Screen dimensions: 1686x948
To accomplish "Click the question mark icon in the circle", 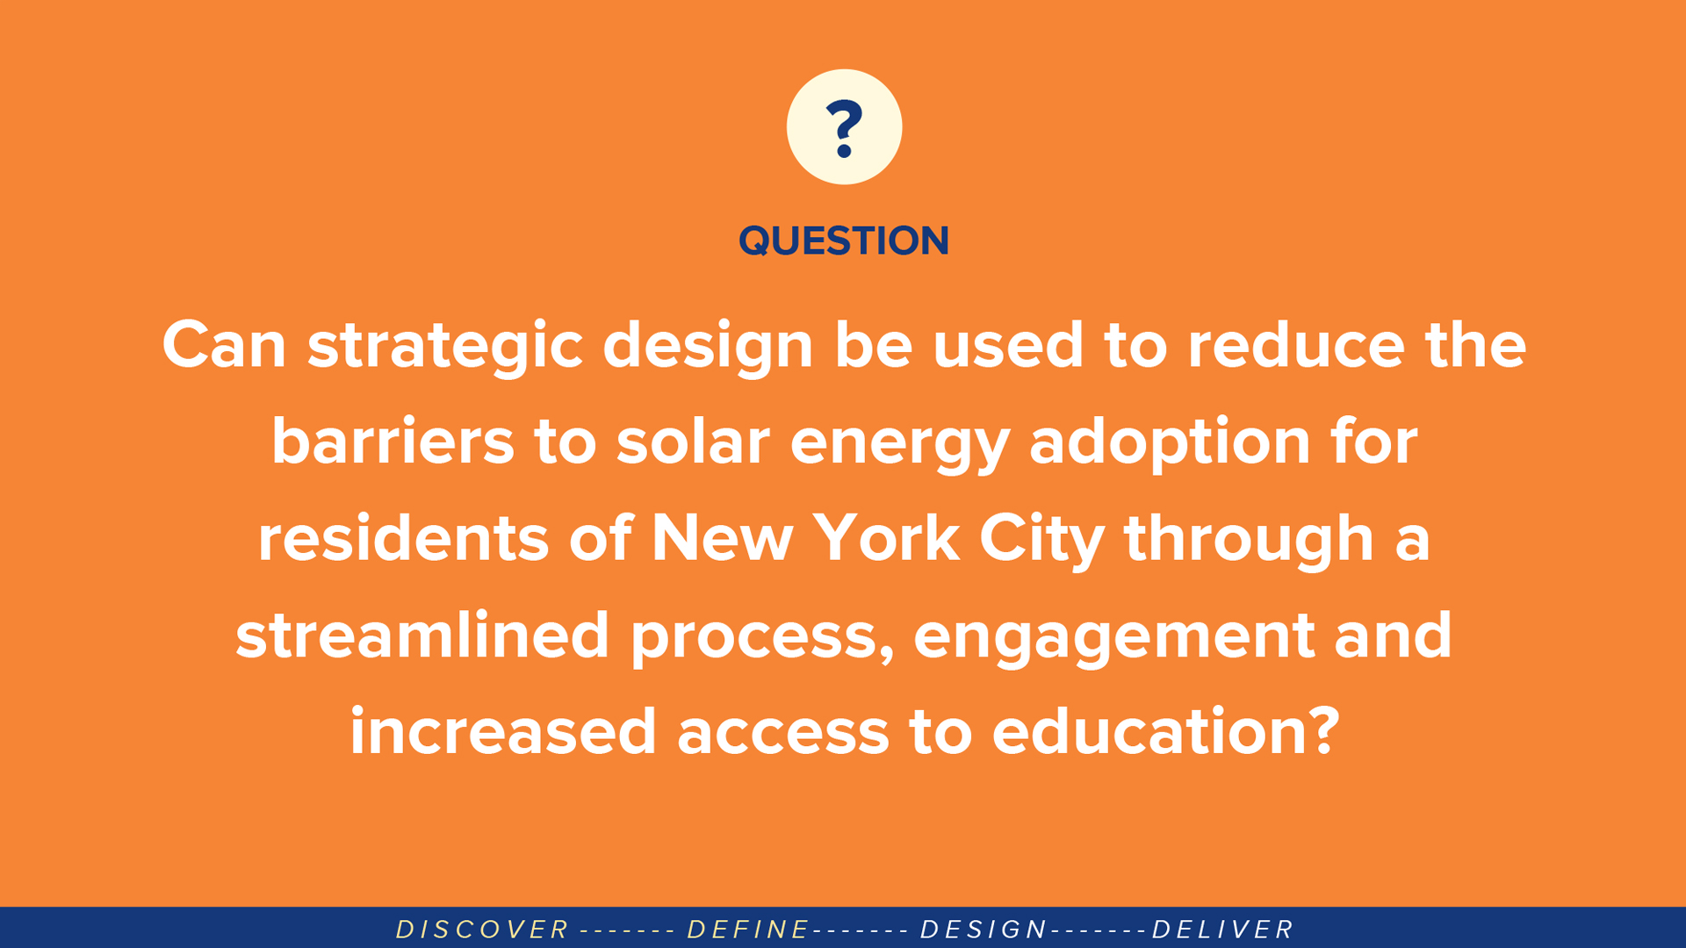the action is (845, 128).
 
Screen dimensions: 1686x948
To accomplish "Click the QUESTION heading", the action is (844, 241).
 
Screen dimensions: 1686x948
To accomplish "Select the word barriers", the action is (393, 441).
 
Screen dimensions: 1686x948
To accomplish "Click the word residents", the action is (403, 538).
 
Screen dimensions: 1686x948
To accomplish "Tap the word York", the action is (886, 538).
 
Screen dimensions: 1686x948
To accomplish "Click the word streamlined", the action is (422, 635).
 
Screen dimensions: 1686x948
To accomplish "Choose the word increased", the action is (503, 731).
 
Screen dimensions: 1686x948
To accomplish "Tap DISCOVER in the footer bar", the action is (483, 930).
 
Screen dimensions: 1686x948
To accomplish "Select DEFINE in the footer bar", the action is (748, 930).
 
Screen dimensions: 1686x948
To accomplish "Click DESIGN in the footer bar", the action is (983, 930).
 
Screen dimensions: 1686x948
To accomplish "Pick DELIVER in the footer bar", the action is (1223, 930).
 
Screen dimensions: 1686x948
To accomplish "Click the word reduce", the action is (1296, 344).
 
